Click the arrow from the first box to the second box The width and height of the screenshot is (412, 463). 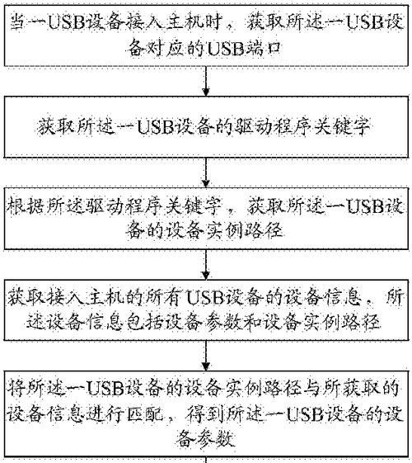point(206,81)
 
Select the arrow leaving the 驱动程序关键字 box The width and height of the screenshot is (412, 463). point(206,172)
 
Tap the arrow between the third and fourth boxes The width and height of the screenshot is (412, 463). point(206,264)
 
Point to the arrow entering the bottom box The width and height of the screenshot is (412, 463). point(206,356)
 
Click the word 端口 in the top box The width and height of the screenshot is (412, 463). point(263,49)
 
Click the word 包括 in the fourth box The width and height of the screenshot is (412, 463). point(145,321)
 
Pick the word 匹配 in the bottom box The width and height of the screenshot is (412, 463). point(146,414)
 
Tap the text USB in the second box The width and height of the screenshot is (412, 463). point(155,127)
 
